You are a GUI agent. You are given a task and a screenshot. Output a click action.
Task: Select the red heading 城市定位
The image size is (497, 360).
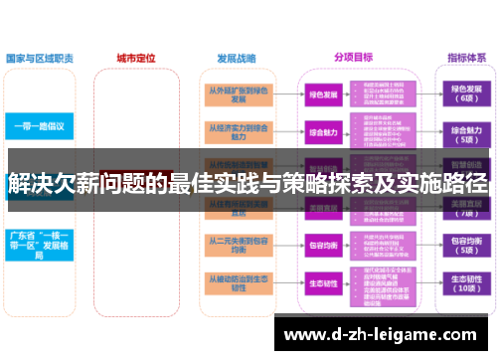click(x=136, y=59)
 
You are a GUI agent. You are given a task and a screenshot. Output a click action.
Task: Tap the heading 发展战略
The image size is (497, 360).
click(x=235, y=59)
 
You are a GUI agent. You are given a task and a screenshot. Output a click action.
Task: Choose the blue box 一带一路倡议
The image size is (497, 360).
click(x=39, y=126)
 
